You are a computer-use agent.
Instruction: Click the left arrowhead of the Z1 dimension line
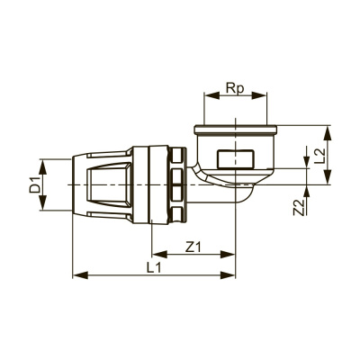[155, 254]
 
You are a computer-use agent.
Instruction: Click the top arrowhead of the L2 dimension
[332, 130]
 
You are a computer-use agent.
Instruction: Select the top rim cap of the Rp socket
[236, 132]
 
